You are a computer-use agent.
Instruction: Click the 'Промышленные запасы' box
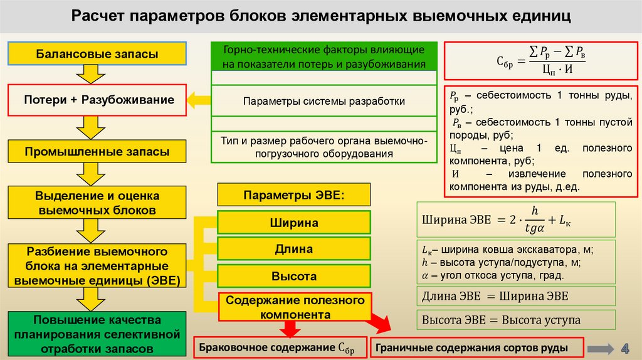(97, 152)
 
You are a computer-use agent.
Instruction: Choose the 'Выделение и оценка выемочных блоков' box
(97, 203)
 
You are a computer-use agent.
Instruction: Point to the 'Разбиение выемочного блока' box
(97, 265)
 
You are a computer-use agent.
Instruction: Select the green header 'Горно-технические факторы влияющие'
(324, 56)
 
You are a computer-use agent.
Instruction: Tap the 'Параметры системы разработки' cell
(324, 101)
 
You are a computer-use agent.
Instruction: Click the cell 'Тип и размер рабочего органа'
(324, 147)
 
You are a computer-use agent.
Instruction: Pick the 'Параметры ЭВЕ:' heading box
(294, 194)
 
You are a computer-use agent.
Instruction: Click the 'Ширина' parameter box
(294, 223)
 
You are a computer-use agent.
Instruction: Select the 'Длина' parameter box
(294, 250)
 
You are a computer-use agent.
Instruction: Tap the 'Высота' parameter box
(294, 276)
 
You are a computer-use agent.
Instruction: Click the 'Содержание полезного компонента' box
(295, 307)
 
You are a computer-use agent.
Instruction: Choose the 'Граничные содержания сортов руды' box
(478, 347)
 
